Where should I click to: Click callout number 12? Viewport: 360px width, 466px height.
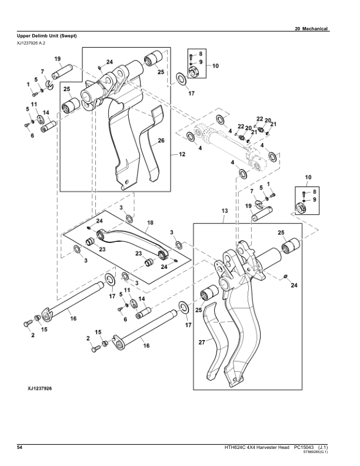pos(182,154)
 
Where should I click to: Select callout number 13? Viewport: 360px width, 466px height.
pos(224,210)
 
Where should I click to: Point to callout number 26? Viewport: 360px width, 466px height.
pos(161,140)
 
